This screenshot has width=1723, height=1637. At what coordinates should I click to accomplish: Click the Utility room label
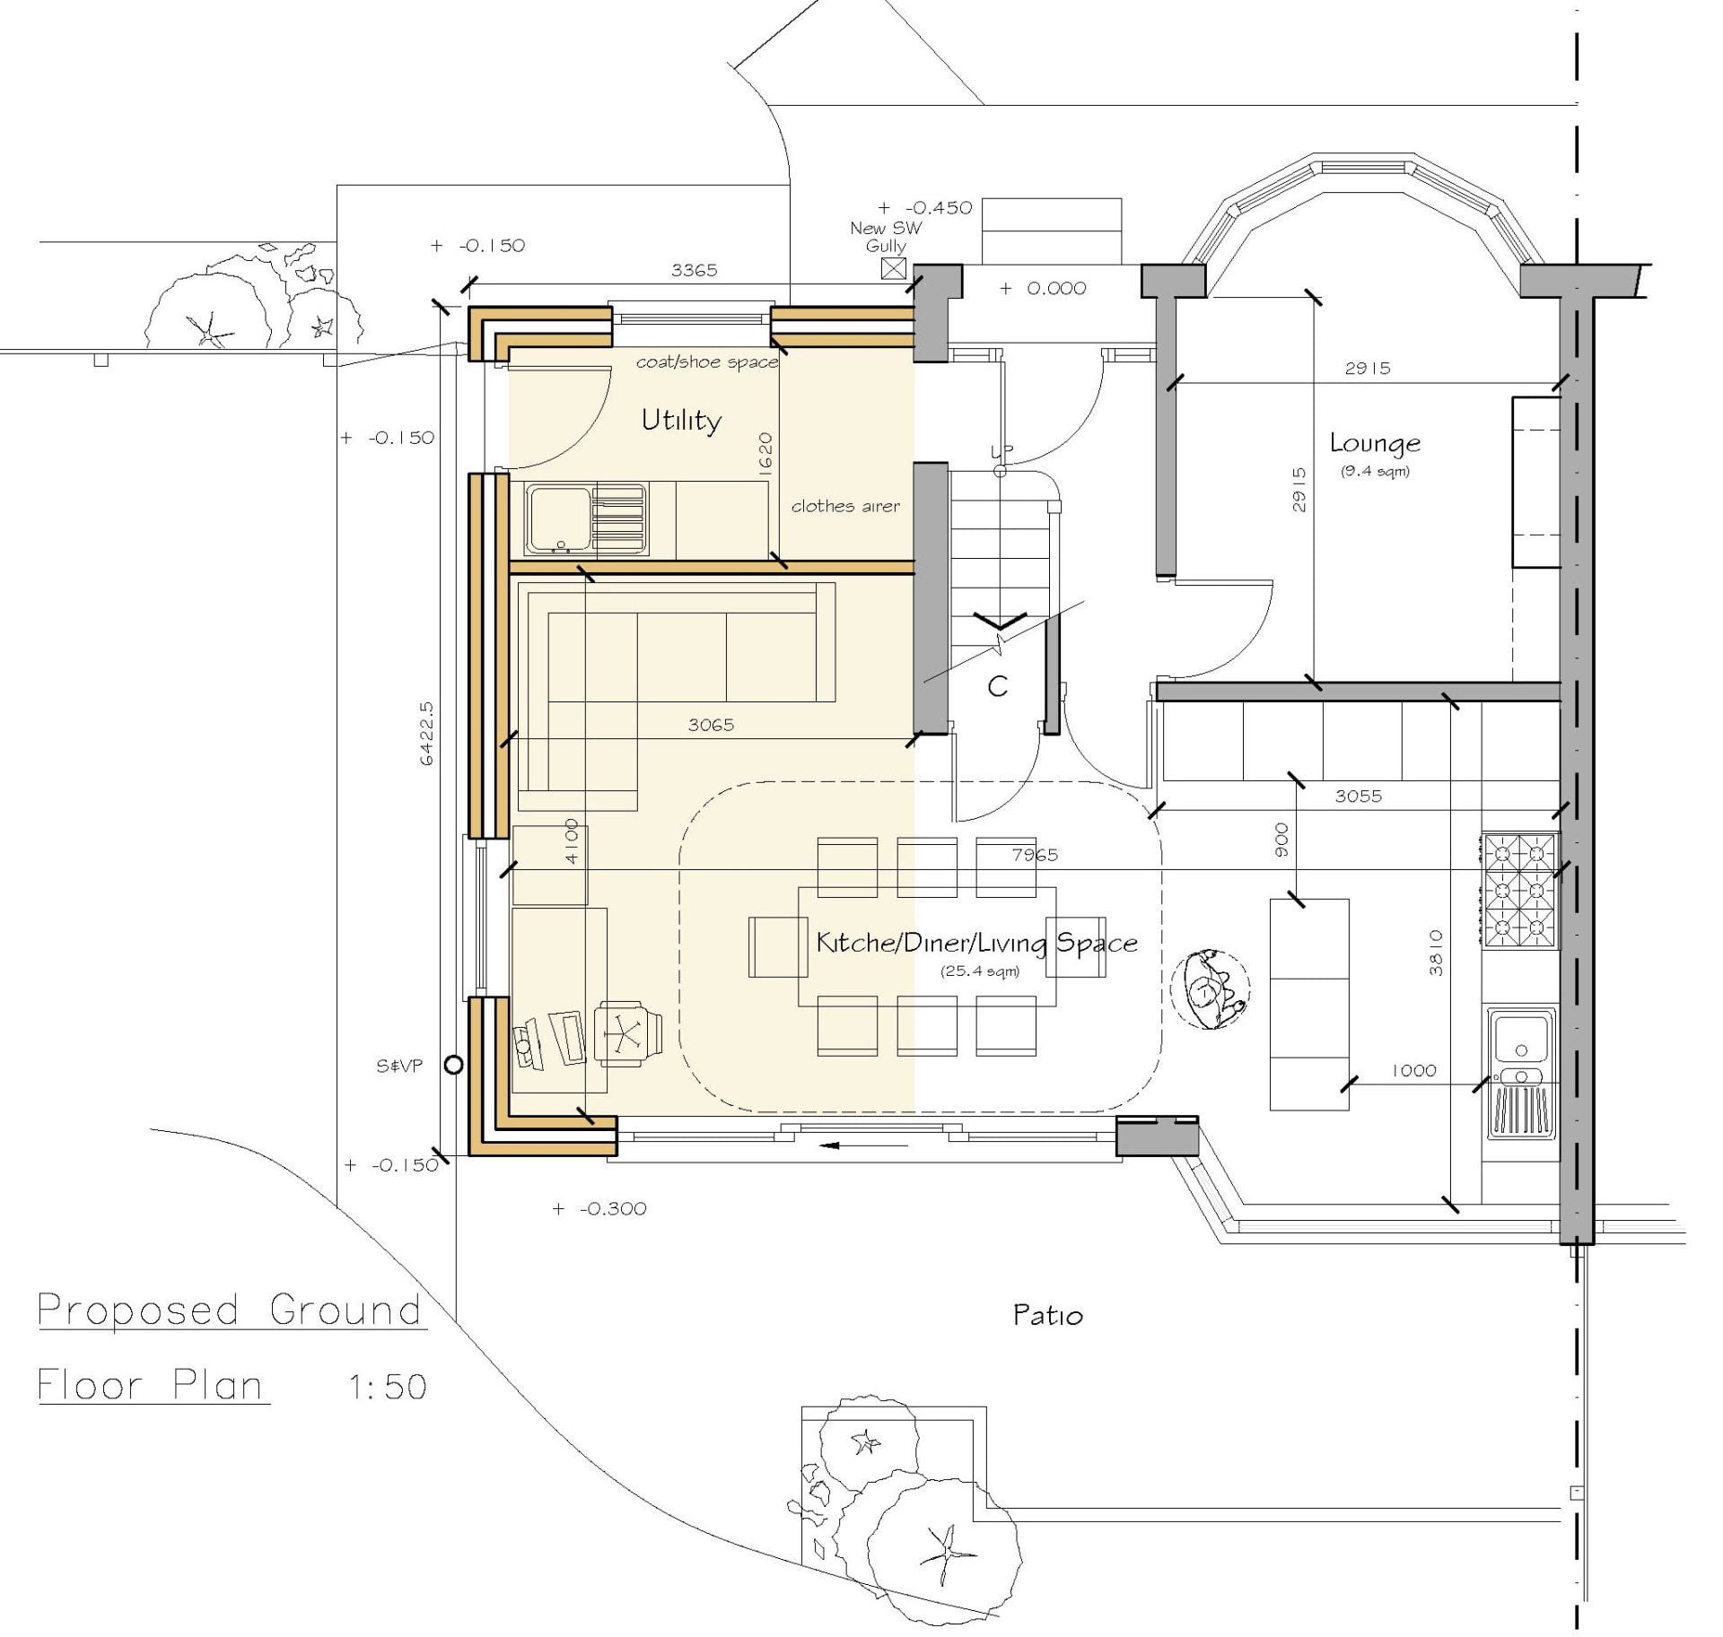(x=681, y=421)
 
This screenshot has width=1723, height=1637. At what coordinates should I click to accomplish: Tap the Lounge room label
(x=1375, y=443)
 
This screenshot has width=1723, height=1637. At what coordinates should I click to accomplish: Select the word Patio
(x=1047, y=1316)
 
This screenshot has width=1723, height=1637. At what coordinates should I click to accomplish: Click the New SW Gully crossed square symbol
(x=894, y=268)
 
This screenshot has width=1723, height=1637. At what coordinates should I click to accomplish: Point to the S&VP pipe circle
(x=454, y=1065)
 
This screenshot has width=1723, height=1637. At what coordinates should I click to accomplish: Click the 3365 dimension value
(x=695, y=270)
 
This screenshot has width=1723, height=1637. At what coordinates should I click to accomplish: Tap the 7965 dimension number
(x=1035, y=855)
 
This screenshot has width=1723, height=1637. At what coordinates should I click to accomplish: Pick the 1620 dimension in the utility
(x=765, y=455)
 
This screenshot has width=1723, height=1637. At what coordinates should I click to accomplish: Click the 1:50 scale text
(x=387, y=1388)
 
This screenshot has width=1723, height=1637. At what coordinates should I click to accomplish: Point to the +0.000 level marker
(x=1043, y=288)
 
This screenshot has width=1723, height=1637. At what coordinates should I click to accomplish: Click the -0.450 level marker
(x=925, y=208)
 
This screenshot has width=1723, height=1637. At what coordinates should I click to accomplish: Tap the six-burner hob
(x=1520, y=891)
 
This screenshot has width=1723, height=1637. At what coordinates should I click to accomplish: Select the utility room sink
(x=587, y=519)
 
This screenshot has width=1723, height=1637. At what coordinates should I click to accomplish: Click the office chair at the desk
(x=628, y=1032)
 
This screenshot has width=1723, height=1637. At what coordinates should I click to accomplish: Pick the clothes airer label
(x=845, y=506)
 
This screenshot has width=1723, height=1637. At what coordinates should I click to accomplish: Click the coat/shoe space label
(x=707, y=362)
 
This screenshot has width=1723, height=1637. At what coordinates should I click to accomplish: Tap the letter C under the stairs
(x=997, y=686)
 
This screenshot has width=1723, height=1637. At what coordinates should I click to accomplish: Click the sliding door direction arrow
(x=842, y=1145)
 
